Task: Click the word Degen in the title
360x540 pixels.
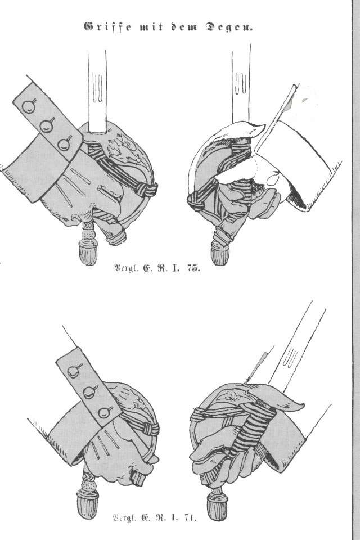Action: [229, 27]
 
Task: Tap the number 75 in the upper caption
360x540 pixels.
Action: [193, 268]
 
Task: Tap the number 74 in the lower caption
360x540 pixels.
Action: [190, 517]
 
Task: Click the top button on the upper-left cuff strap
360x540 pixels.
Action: [29, 106]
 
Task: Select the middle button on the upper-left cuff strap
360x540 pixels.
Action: [47, 125]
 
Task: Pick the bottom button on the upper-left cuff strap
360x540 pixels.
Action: [65, 143]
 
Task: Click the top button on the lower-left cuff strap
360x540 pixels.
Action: [74, 371]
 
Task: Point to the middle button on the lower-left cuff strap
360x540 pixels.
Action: [90, 392]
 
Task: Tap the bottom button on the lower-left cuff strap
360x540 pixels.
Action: [105, 412]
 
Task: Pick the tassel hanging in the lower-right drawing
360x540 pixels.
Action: [216, 501]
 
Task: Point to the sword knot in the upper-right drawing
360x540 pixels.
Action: [195, 201]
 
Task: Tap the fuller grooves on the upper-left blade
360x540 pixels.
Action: [97, 89]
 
